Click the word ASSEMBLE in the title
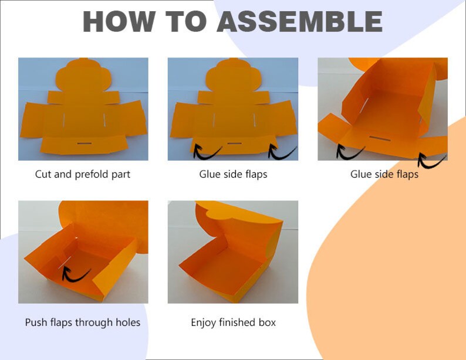click(x=299, y=21)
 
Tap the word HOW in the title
click(x=119, y=21)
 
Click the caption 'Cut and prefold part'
click(x=83, y=174)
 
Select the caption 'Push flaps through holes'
click(x=83, y=322)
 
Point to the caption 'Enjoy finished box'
click(x=234, y=322)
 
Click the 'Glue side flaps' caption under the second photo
click(x=234, y=174)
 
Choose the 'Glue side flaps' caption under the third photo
click(x=384, y=174)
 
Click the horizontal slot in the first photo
click(x=85, y=144)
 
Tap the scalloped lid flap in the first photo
click(x=84, y=75)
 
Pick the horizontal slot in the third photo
click(x=380, y=138)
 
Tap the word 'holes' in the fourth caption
click(x=128, y=322)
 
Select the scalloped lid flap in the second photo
click(x=234, y=75)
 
